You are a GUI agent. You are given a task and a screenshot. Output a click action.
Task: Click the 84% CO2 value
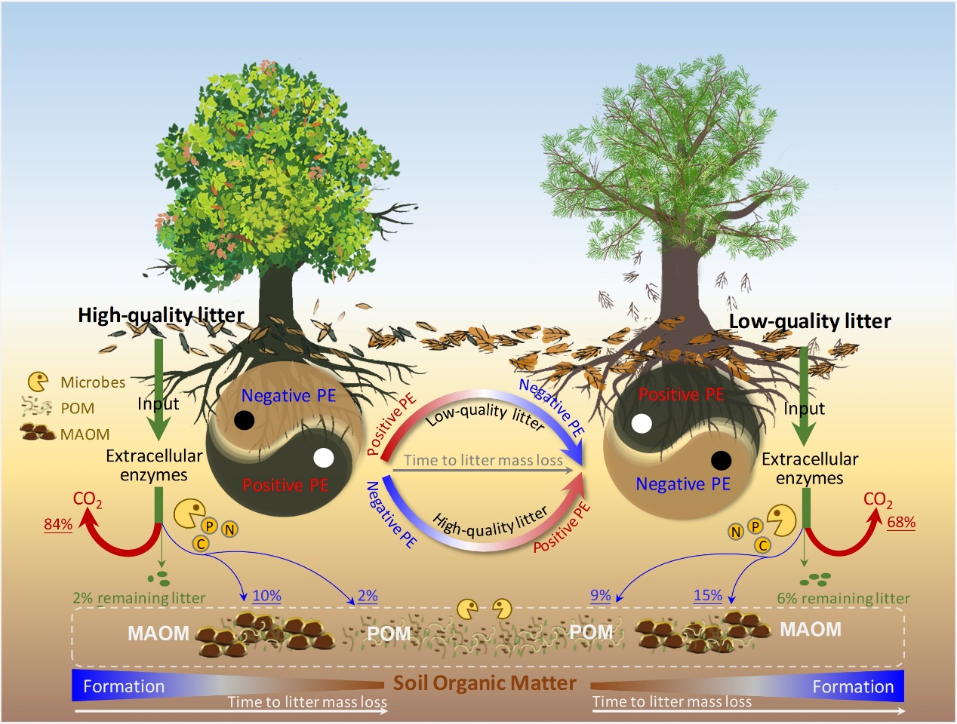[58, 524]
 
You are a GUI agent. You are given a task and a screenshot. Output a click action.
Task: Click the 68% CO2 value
[901, 522]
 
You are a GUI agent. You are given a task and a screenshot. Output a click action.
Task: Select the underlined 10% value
[266, 595]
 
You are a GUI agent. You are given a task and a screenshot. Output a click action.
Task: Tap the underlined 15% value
[708, 595]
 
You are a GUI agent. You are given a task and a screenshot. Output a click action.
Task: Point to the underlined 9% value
[600, 595]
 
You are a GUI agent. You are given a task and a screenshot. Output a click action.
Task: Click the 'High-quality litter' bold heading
[161, 315]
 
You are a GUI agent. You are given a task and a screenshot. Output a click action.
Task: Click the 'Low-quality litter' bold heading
[810, 321]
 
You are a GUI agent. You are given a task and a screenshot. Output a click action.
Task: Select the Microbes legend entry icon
[38, 382]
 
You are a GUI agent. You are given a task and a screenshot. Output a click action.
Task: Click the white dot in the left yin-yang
[323, 458]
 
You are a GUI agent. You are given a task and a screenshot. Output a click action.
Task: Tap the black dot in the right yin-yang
[721, 459]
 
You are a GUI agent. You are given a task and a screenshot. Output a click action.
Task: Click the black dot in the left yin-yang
[244, 420]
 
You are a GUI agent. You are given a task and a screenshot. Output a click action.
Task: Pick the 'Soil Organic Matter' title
[485, 683]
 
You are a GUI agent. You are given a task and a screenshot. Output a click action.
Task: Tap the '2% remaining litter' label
[139, 598]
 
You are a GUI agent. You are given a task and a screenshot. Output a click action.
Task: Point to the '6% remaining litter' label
[843, 598]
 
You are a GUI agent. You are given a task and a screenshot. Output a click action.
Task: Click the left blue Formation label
[124, 686]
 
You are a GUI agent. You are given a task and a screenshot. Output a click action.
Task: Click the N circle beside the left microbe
[229, 529]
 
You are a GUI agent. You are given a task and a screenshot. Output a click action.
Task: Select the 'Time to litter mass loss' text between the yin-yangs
[483, 460]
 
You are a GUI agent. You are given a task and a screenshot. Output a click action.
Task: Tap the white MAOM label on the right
[810, 630]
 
